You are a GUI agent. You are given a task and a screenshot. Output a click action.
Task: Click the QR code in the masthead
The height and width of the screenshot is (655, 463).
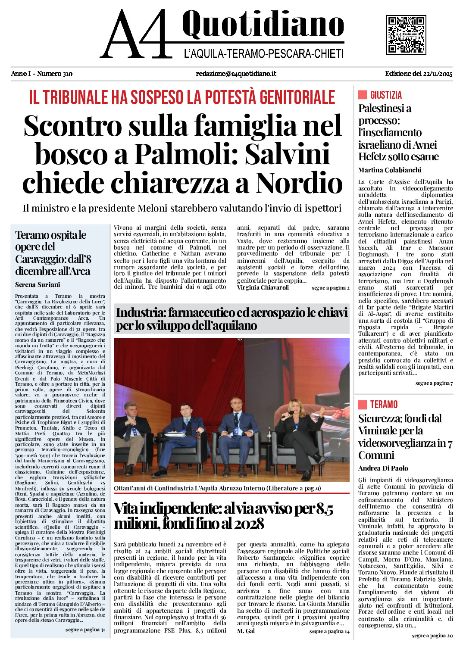pos(406,34)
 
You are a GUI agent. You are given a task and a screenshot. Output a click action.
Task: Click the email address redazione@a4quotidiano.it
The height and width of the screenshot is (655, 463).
pos(236,74)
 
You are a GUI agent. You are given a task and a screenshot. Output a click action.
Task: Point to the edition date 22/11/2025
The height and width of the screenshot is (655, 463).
pos(438,74)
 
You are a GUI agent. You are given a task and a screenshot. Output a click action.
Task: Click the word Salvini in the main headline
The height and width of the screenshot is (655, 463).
pos(288,154)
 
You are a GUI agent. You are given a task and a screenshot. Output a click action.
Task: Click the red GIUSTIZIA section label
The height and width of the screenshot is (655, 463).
pos(386,95)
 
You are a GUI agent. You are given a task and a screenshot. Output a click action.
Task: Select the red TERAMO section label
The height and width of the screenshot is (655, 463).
pos(384,405)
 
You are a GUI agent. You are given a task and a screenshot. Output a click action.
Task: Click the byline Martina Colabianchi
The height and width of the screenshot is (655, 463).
pos(390,170)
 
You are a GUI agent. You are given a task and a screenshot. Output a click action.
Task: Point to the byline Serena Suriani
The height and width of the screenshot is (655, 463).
pos(38,285)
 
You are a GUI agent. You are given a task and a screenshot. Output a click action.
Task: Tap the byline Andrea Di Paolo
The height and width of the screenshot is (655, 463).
pos(383,468)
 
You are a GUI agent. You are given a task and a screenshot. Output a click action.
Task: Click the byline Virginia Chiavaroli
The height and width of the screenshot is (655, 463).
pos(263,288)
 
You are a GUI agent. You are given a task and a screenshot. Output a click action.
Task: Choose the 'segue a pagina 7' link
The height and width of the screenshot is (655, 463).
pos(434,383)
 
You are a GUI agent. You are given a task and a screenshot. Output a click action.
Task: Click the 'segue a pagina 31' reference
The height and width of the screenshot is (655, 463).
pos(85,630)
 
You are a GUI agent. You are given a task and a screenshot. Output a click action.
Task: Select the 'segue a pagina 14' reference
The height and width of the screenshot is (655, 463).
pos(329,631)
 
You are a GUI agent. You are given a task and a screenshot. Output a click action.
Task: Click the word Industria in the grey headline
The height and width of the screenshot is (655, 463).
pos(140,313)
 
